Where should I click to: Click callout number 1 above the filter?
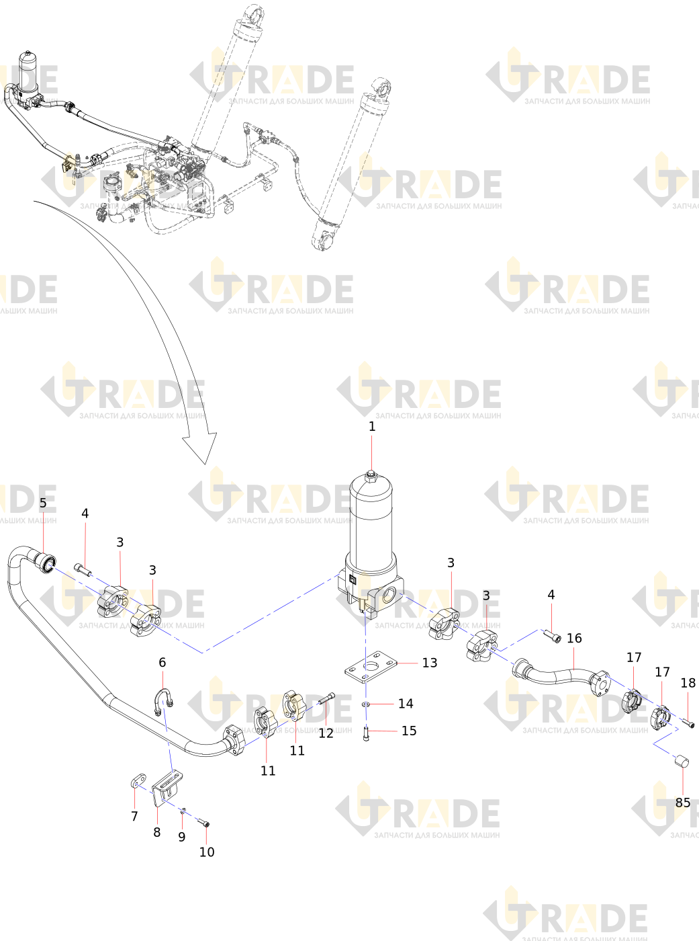point(372,426)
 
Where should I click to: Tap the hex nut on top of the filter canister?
point(371,476)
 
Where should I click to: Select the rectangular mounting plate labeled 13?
point(371,667)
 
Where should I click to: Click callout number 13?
point(429,663)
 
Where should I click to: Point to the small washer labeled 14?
point(366,704)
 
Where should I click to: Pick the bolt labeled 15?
point(366,733)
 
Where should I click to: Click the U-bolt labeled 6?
point(164,699)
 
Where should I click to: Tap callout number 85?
point(682,803)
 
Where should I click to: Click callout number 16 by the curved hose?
point(574,638)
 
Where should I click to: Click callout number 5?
point(43,503)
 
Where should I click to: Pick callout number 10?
point(207,852)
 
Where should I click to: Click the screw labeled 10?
point(203,823)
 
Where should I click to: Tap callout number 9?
point(181,837)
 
